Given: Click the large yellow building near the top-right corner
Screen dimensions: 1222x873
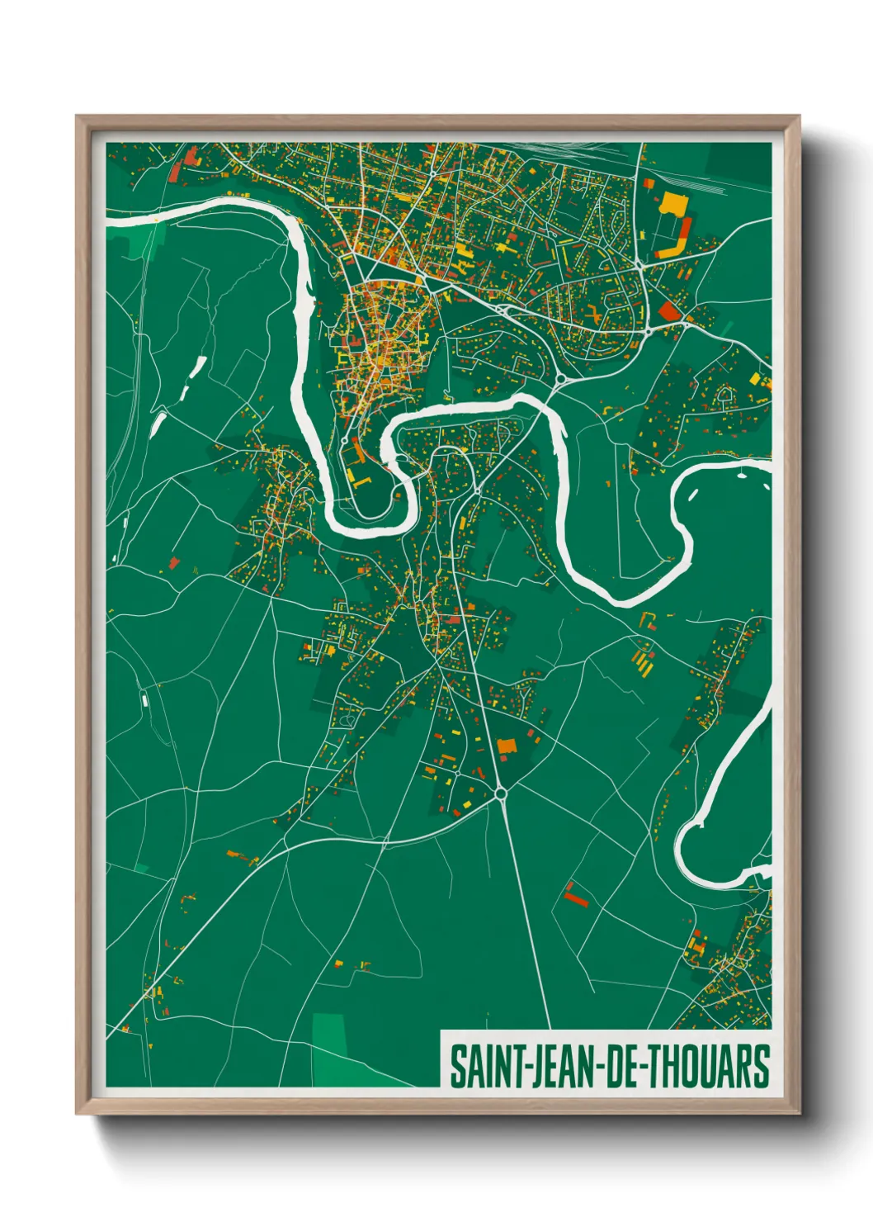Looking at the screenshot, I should point(672,202).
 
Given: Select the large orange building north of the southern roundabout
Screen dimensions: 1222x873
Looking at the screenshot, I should point(506,747).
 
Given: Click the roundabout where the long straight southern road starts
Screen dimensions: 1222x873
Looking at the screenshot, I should point(501,793).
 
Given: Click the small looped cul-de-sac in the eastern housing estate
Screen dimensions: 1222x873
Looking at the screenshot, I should point(725,396).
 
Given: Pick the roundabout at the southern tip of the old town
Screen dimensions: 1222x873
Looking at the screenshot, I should point(344,442).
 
